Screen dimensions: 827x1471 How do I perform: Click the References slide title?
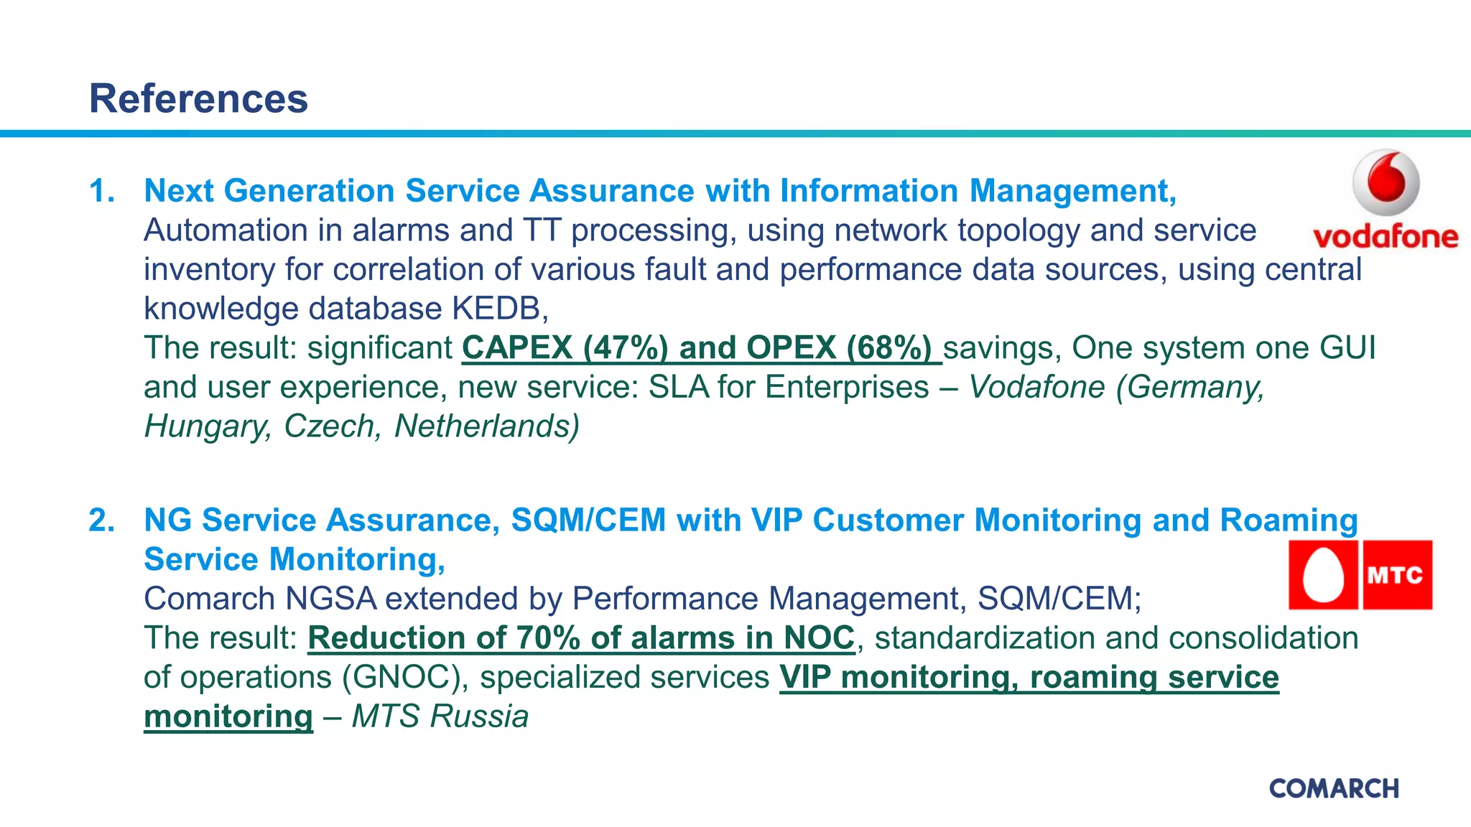[198, 98]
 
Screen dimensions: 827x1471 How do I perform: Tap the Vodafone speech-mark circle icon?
[1386, 182]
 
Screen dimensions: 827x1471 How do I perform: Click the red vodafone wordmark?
[1385, 236]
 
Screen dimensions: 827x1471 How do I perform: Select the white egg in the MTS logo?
[1323, 575]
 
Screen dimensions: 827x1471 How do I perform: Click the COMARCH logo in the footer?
[1334, 788]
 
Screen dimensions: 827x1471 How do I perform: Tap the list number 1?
[101, 191]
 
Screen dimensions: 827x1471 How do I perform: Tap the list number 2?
[101, 520]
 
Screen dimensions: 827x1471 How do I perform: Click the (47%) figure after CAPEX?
[626, 348]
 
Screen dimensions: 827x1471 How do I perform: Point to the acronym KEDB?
[499, 309]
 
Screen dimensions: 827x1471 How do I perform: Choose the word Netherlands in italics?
[487, 426]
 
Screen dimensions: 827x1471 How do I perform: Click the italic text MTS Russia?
[440, 716]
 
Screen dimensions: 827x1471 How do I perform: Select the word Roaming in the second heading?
[1289, 520]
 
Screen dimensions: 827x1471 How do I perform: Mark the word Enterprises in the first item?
[847, 388]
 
